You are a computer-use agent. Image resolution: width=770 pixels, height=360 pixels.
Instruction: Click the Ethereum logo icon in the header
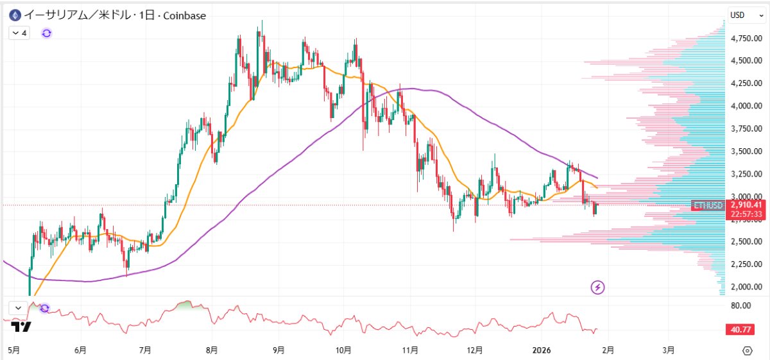tap(14, 15)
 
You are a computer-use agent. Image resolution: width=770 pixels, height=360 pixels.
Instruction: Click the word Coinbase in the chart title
tap(184, 15)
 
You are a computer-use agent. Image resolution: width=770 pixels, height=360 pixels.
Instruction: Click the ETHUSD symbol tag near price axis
tap(708, 205)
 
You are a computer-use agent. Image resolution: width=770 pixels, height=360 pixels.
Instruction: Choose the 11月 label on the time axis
tap(411, 350)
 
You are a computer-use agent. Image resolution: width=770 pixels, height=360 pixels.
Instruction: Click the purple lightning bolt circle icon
tap(598, 287)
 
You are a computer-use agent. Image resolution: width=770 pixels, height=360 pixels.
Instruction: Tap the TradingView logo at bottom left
tap(21, 327)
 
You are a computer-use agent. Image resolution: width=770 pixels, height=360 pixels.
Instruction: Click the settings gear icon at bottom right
tap(747, 350)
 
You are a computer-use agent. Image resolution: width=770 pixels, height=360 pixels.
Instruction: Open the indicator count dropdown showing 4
tap(19, 33)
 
